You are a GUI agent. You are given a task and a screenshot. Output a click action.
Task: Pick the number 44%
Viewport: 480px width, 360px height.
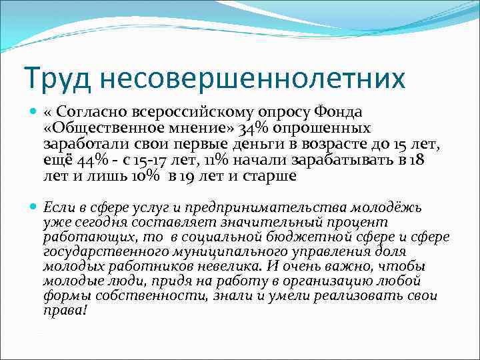[84, 161]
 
